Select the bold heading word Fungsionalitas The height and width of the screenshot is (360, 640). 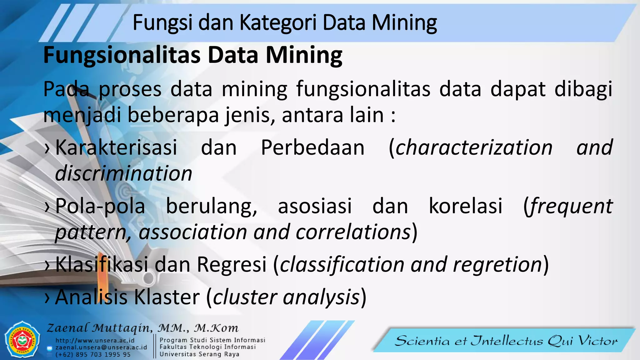pos(122,55)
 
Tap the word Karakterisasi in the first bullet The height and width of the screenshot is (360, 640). pos(116,147)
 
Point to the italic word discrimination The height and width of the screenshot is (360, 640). pos(123,174)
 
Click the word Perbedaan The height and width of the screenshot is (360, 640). pos(313,147)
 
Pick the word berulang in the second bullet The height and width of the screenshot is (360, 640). pos(211,206)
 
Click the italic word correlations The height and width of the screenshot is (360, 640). pos(353,232)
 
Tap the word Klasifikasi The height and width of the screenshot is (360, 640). pos(102,264)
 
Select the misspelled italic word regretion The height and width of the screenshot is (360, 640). pos(497,264)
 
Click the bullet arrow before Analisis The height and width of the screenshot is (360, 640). pos(47,297)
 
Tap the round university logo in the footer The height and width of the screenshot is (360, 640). pos(22,340)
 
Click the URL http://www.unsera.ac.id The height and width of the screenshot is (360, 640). pos(95,340)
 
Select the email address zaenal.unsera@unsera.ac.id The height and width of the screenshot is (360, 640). pos(101,347)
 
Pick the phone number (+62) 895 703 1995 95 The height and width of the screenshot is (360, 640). pos(93,355)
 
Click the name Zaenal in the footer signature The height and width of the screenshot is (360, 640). pos(67,328)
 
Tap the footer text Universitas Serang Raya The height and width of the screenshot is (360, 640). pos(199,354)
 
